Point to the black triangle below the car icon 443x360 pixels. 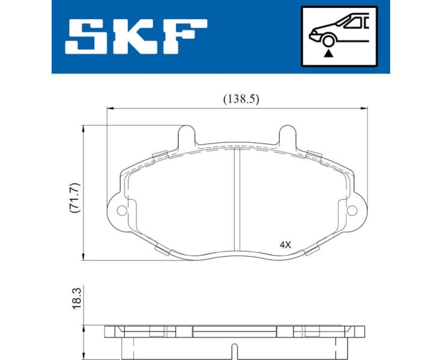pyautogui.click(x=328, y=53)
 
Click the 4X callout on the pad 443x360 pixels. pyautogui.click(x=285, y=245)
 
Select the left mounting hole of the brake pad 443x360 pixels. pyautogui.click(x=122, y=211)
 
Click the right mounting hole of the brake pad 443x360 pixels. pyautogui.click(x=352, y=211)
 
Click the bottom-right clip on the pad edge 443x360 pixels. pyautogui.click(x=312, y=250)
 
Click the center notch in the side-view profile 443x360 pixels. pyautogui.click(x=236, y=347)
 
